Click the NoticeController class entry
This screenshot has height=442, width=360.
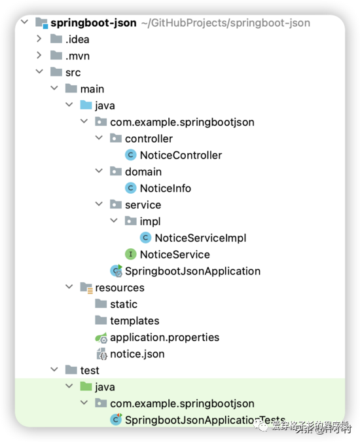click(181, 155)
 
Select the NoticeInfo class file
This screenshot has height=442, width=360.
click(165, 188)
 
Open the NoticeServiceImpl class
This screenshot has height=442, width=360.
click(200, 238)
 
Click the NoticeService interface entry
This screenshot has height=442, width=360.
click(175, 254)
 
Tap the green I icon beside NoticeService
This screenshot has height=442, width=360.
click(130, 254)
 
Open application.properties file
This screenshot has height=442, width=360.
click(164, 337)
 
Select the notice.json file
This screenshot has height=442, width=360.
click(137, 354)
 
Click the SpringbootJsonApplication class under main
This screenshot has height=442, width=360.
click(192, 270)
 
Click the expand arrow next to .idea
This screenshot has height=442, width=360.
click(39, 39)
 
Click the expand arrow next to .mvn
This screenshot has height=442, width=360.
click(39, 56)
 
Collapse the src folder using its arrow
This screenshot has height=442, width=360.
click(39, 72)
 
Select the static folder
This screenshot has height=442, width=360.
click(123, 304)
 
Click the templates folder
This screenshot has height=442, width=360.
click(134, 321)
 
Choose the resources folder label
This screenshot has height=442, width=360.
click(119, 287)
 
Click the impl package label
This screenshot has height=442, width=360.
click(150, 221)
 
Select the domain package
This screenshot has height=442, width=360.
click(143, 172)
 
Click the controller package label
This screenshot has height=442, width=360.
click(149, 138)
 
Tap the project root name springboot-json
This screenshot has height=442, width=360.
click(93, 23)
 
